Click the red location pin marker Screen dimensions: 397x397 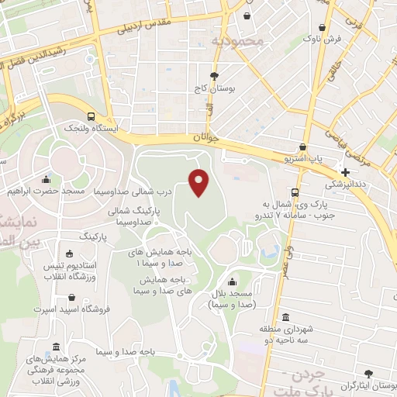pos(199,181)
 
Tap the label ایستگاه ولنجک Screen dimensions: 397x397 pos(91,128)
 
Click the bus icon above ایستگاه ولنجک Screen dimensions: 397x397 pos(91,116)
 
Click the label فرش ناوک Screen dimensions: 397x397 pos(320,36)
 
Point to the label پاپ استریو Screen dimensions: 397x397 pos(314,158)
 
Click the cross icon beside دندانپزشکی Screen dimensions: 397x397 pos(345,171)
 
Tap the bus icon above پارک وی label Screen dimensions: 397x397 pos(295,192)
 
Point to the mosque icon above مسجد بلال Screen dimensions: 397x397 pos(233,282)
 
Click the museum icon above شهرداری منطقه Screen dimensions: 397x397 pos(286,318)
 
